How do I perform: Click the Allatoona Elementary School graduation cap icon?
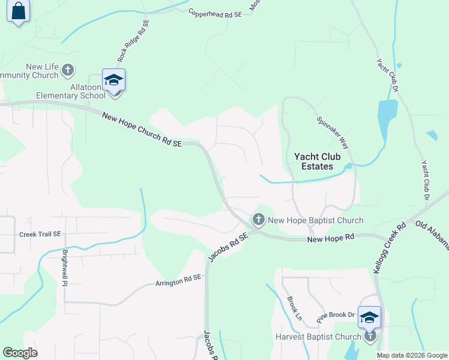[113, 80]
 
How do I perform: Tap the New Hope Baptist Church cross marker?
[259, 220]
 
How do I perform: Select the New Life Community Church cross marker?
[68, 70]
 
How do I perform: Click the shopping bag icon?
[19, 11]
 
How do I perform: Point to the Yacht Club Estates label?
[318, 161]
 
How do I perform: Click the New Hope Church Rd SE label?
[142, 130]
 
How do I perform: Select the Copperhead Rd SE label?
[214, 13]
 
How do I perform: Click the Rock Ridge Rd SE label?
[133, 41]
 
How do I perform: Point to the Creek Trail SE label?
[40, 234]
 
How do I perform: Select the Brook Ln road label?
[294, 308]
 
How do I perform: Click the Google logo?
[20, 353]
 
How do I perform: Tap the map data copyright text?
[412, 355]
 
